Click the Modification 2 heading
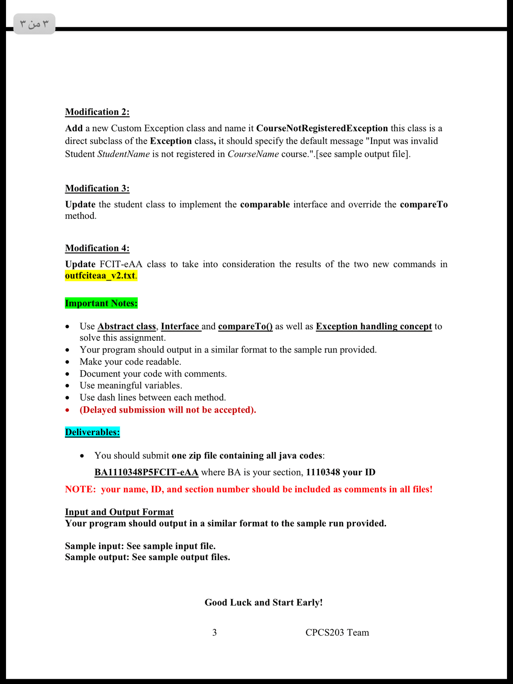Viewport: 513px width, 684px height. pos(97,112)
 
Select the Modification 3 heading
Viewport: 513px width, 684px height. pos(97,189)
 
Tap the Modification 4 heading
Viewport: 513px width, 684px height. pos(97,248)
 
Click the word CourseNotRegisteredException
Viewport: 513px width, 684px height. pos(322,128)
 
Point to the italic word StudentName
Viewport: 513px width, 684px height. pos(124,154)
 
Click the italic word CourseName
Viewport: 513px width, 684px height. pos(253,154)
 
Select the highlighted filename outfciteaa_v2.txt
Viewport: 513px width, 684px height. pos(100,276)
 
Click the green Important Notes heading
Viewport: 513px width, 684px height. pos(101,303)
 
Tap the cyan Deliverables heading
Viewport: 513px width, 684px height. pos(92,432)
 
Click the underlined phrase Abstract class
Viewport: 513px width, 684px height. pos(127,327)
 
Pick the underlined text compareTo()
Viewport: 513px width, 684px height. pos(245,327)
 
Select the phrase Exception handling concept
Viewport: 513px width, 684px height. pos(374,327)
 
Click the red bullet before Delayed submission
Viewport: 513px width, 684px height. pos(68,410)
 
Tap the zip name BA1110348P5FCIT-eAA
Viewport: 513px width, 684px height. pos(146,472)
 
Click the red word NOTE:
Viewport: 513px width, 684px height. pos(80,489)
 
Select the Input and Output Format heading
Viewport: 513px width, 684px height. pos(119,512)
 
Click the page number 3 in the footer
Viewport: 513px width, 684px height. pos(215,633)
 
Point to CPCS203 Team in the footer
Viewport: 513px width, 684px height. pos(337,633)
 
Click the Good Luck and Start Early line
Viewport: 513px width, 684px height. pos(264,603)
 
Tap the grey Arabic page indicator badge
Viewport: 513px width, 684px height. pos(35,24)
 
